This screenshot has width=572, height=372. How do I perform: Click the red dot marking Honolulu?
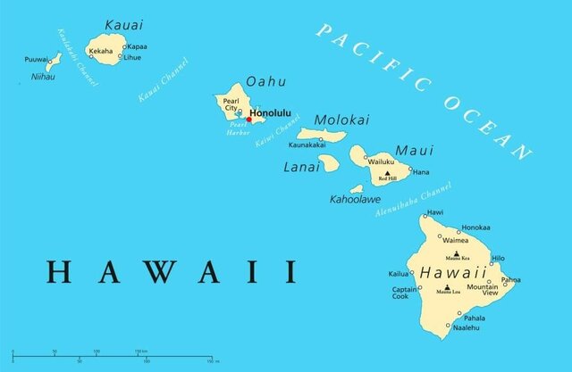pos(249,119)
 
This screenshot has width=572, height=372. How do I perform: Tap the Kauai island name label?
pos(122,24)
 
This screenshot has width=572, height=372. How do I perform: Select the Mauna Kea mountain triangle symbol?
pos(457,252)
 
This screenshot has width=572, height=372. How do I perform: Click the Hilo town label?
pos(498,257)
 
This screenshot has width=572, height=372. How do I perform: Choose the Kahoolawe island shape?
pos(357,189)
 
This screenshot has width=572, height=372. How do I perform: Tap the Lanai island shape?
pos(328,163)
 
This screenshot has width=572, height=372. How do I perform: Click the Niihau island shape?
pos(53,62)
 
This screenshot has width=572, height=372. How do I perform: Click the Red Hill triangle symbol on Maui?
pos(387,173)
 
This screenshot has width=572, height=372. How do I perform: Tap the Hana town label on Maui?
pos(421,172)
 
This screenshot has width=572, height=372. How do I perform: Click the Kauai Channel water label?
pos(164,80)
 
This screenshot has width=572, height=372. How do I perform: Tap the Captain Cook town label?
pos(403,293)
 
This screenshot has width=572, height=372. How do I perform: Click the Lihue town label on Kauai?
pos(132,57)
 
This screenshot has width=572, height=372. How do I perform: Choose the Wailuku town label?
pos(382,161)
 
